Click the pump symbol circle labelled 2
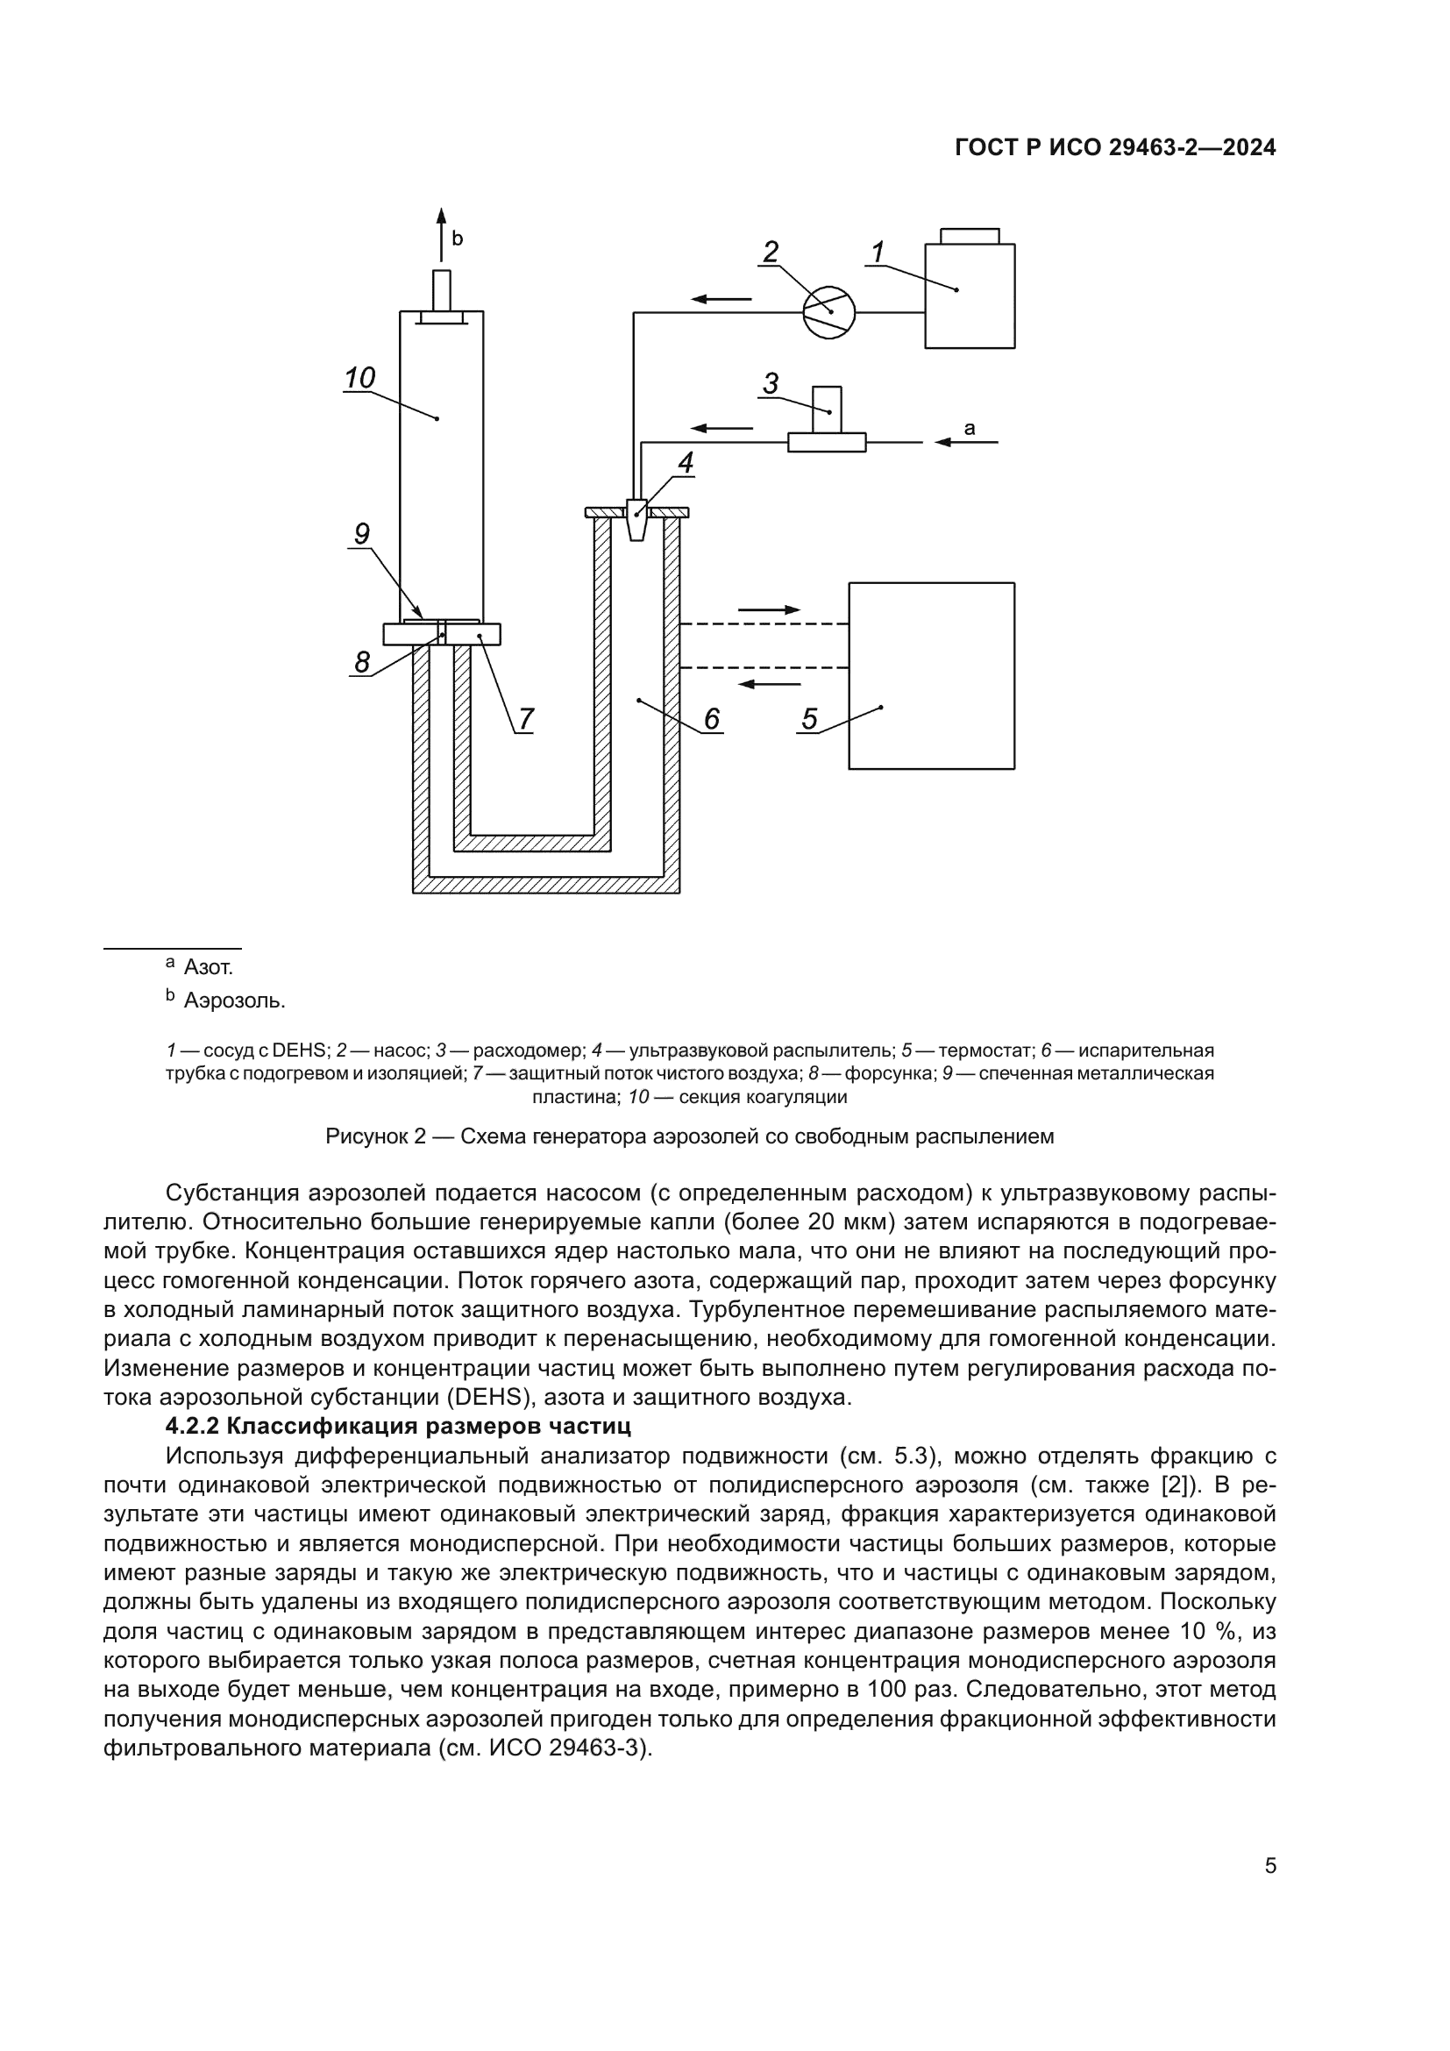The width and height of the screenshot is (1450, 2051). point(828,313)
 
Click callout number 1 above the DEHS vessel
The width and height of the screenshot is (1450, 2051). point(878,252)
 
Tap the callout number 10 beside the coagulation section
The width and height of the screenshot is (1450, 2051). point(359,378)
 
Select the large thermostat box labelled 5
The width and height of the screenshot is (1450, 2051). point(930,675)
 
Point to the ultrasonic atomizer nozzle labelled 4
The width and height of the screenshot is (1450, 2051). point(636,519)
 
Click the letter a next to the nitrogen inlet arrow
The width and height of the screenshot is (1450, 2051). point(970,429)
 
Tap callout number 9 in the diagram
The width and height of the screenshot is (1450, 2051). point(361,534)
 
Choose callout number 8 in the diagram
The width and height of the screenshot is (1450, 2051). point(361,662)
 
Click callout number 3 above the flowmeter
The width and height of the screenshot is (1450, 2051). point(770,383)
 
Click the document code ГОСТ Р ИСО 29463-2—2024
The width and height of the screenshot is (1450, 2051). point(1115,148)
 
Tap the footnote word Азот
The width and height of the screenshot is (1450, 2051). point(208,967)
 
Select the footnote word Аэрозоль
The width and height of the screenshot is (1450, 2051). point(234,1001)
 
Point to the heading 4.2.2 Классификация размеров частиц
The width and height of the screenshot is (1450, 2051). point(398,1426)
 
